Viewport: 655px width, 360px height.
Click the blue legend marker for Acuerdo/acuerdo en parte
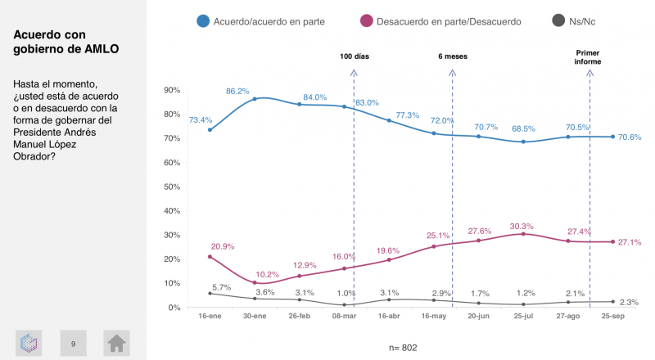(x=202, y=20)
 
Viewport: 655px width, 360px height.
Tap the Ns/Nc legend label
(x=588, y=20)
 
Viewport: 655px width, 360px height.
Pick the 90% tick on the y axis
(x=172, y=90)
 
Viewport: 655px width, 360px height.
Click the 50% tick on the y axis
(x=172, y=187)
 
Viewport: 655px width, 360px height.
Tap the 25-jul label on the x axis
(x=525, y=315)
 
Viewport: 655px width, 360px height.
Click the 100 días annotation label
(x=355, y=56)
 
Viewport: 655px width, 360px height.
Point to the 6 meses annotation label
(x=453, y=56)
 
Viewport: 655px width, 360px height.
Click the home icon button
(x=116, y=344)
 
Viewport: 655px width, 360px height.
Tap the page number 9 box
(x=73, y=344)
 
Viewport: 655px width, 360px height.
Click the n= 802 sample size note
(x=401, y=348)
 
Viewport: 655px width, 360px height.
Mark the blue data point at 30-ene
(x=255, y=99)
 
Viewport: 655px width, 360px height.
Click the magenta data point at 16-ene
(x=210, y=257)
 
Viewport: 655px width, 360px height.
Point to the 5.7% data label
(x=221, y=287)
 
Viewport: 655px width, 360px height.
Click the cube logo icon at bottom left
(x=29, y=344)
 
